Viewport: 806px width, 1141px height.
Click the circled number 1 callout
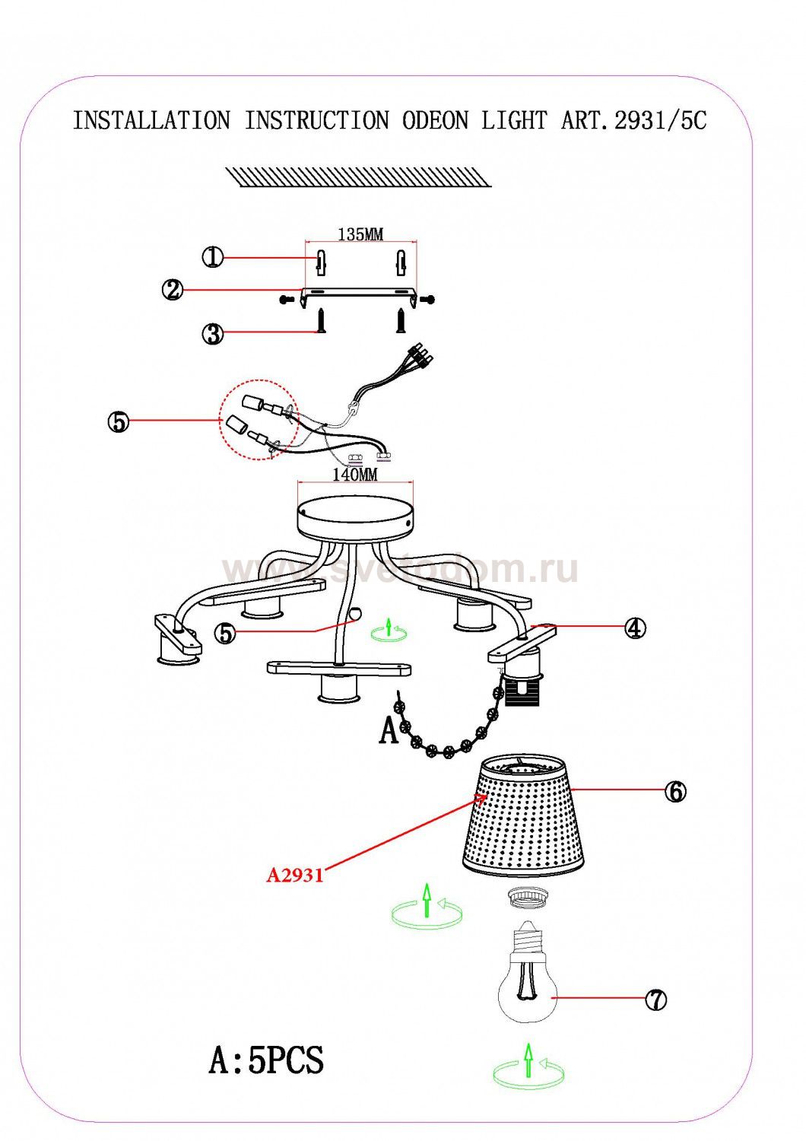[213, 258]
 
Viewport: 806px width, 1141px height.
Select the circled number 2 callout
[174, 290]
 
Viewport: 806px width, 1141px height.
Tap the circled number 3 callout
[213, 333]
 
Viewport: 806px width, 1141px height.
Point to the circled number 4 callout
[635, 628]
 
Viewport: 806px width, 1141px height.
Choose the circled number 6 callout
[675, 791]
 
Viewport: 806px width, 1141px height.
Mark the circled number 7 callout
[655, 1000]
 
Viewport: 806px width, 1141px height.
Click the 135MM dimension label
[360, 234]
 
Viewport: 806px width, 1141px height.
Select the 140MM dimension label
[355, 475]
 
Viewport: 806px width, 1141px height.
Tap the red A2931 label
[295, 876]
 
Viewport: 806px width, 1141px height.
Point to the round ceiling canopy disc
[355, 520]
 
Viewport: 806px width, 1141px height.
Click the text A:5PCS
[266, 1059]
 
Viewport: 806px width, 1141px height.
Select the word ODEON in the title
[435, 120]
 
